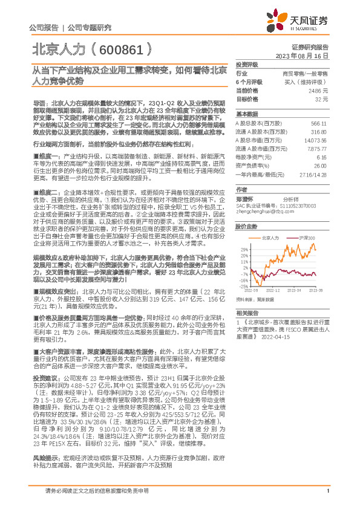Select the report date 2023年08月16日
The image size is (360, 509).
coord(301,55)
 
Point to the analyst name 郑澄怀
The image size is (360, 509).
coord(245,198)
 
